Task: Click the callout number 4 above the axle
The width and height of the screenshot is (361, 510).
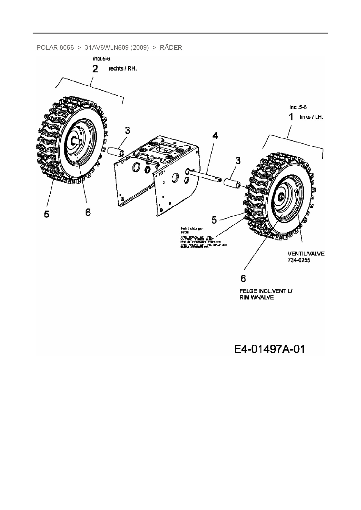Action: pos(215,136)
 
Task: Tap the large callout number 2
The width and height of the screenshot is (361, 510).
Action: pos(95,69)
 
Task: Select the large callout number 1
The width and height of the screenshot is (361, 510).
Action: pos(291,117)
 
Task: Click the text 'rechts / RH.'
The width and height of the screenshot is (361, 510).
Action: pos(122,69)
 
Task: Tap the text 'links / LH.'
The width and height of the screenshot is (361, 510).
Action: pos(311,117)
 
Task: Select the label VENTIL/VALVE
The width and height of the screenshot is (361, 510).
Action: pos(306,254)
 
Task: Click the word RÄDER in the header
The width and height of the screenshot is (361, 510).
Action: pos(171,47)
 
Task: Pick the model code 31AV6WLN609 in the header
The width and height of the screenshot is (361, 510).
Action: pos(106,47)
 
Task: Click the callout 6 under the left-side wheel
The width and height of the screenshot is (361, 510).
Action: pos(88,212)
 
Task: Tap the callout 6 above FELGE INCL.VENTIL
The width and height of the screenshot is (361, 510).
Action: pos(243,279)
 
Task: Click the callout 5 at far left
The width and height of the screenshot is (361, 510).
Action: pos(47,214)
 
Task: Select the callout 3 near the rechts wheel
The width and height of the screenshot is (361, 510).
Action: pos(128,131)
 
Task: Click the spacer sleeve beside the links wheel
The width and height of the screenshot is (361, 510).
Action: pos(232,184)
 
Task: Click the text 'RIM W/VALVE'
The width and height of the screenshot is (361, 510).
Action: pos(256,298)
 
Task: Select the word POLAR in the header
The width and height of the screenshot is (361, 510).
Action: pos(47,47)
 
